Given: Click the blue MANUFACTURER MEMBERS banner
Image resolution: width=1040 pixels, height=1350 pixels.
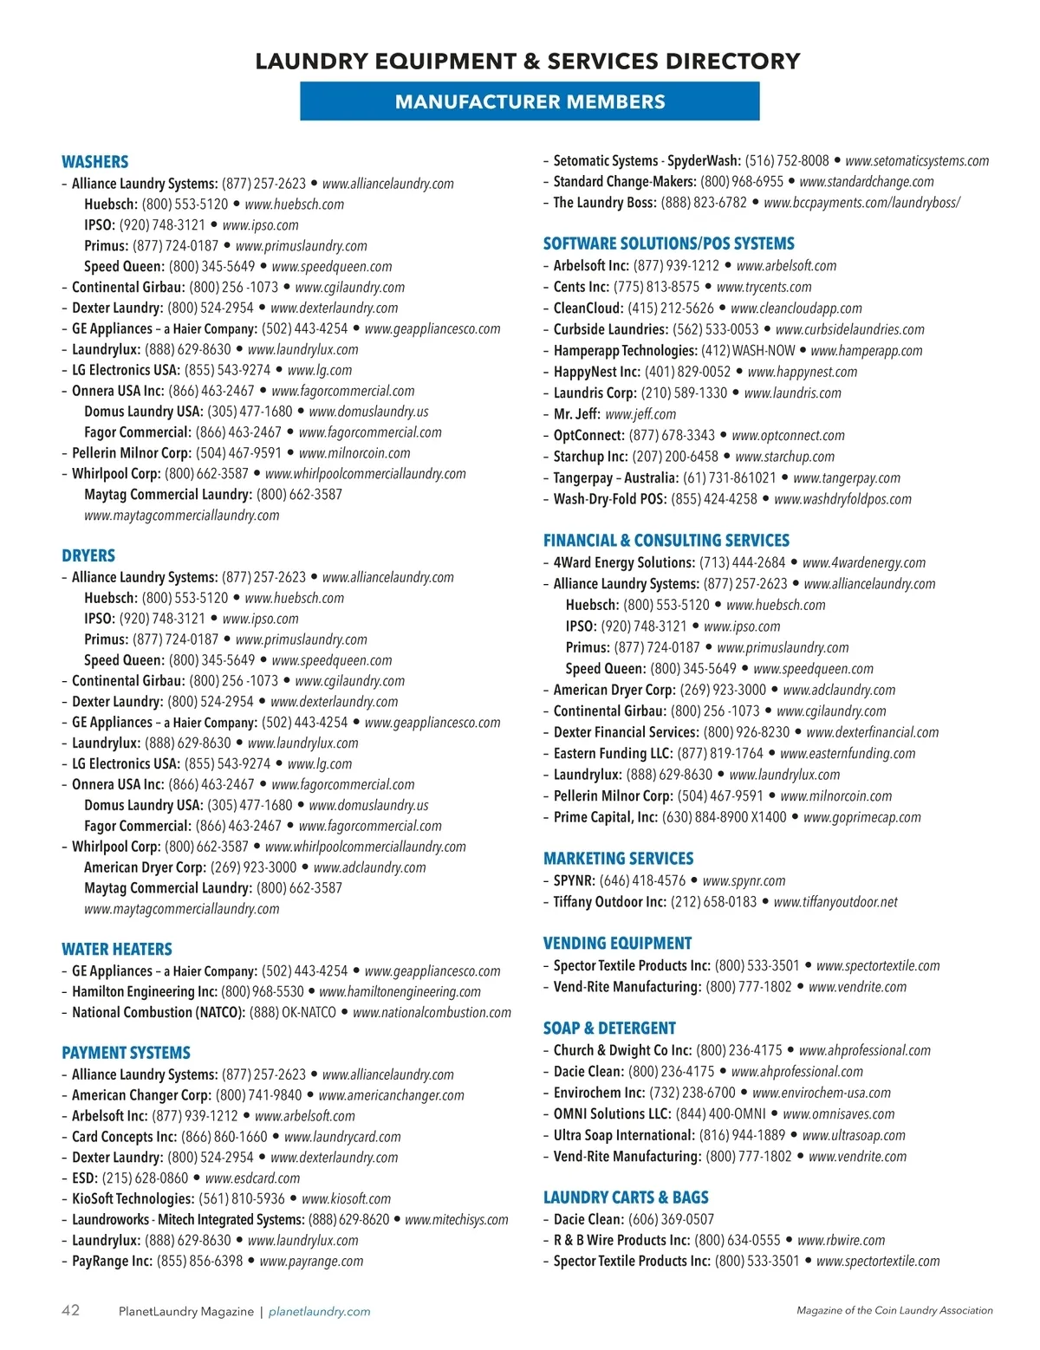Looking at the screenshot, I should [x=530, y=101].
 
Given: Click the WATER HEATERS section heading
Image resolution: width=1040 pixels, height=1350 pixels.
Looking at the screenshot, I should [x=117, y=949].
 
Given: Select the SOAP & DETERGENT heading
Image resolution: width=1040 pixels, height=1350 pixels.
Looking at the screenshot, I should [x=609, y=1028].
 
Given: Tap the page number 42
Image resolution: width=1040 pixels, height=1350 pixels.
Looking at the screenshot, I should [x=70, y=1310].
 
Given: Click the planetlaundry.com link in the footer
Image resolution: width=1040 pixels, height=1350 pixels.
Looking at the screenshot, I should [x=319, y=1311].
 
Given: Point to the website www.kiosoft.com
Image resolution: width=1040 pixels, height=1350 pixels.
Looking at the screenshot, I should [x=346, y=1198].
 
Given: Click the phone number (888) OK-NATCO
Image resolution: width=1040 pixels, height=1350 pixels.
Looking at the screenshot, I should [x=292, y=1012].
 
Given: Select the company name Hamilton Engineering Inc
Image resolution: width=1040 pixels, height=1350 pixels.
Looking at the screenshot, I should [x=144, y=991].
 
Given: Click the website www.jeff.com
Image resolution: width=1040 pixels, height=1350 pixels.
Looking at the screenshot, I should [x=640, y=414].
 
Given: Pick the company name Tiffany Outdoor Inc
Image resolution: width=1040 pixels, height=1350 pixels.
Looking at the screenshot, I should [x=609, y=901].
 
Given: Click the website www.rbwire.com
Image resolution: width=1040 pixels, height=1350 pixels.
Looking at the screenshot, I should [x=841, y=1240].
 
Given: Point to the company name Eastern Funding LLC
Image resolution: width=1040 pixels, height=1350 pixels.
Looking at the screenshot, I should [x=613, y=753].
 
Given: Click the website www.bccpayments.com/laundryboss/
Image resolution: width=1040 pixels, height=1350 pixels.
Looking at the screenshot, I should [x=861, y=202].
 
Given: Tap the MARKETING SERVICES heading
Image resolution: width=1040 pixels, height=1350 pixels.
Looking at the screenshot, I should [x=618, y=858].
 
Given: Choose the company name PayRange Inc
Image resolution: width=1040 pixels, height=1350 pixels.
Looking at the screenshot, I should [x=112, y=1261].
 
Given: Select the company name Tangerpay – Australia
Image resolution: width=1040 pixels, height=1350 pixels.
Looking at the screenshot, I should [x=615, y=477].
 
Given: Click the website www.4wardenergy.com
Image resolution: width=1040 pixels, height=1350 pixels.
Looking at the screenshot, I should [x=863, y=562].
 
